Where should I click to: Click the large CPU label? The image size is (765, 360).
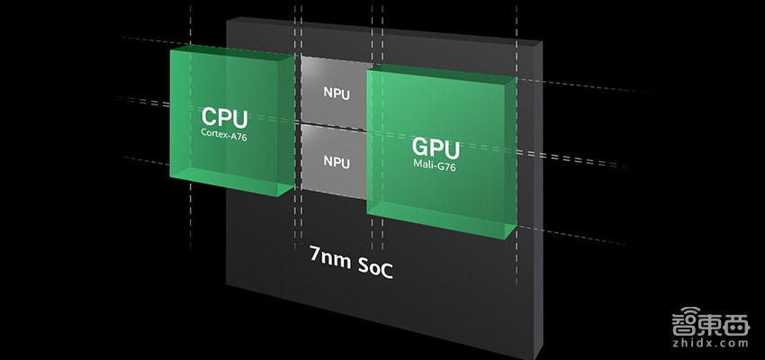click(224, 117)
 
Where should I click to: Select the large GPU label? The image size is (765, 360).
click(436, 147)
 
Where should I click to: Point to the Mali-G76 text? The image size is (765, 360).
click(436, 164)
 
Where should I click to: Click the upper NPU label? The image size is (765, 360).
click(336, 92)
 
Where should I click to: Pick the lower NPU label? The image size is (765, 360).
click(336, 162)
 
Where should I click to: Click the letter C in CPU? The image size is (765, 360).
click(209, 117)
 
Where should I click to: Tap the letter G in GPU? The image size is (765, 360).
click(420, 147)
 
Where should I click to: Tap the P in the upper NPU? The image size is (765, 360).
click(337, 92)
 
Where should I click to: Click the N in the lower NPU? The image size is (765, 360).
click(328, 162)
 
